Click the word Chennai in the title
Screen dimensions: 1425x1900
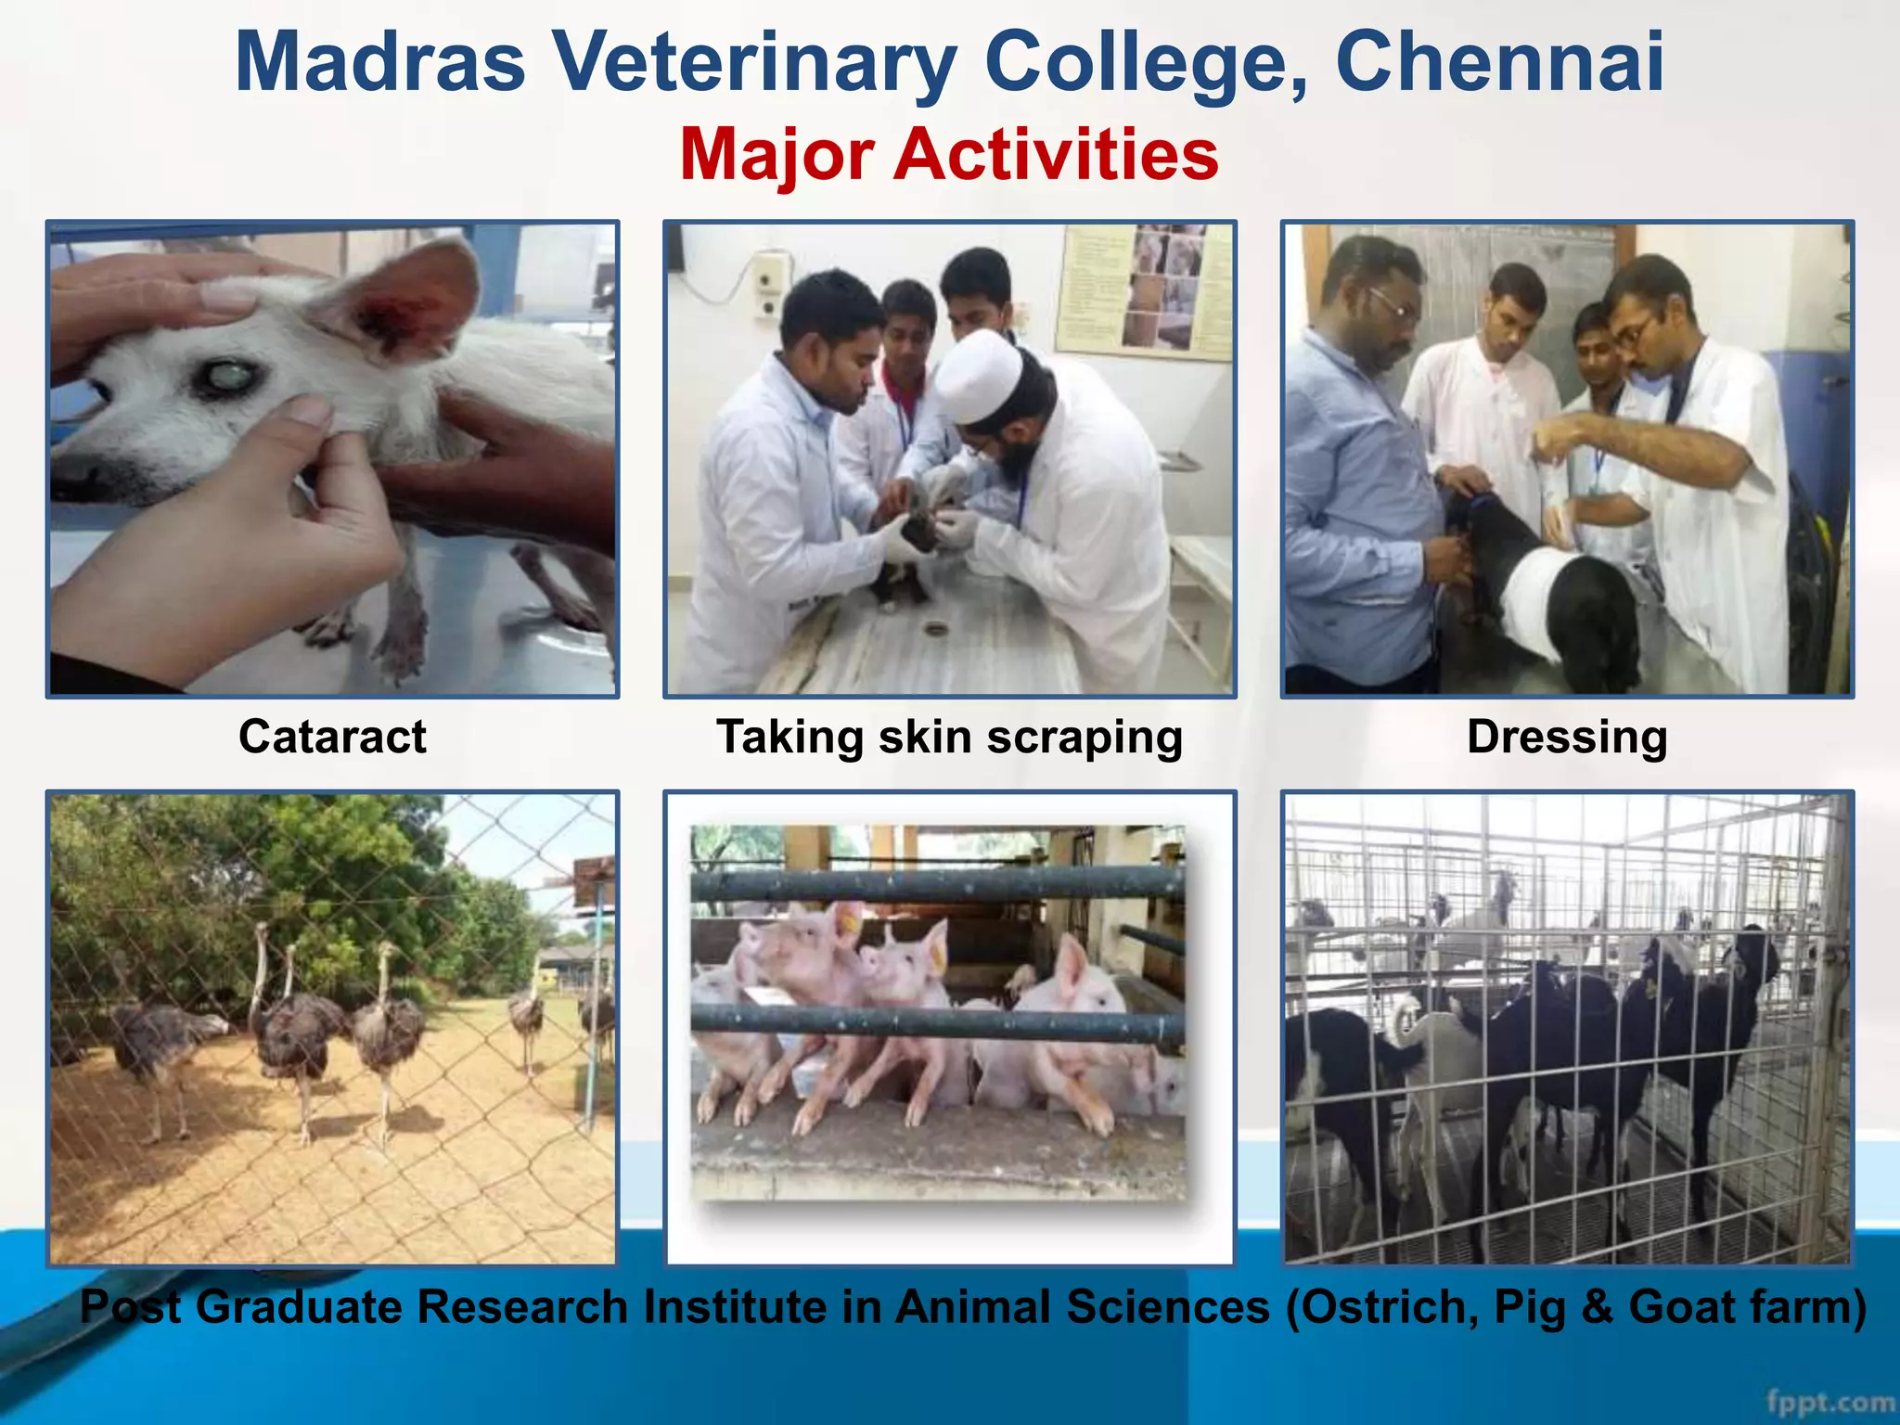click(1499, 63)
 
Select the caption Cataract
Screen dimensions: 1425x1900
click(332, 737)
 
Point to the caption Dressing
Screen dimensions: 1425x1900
click(1567, 737)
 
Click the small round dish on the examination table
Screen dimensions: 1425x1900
click(935, 630)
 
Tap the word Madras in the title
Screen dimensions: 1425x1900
click(380, 63)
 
